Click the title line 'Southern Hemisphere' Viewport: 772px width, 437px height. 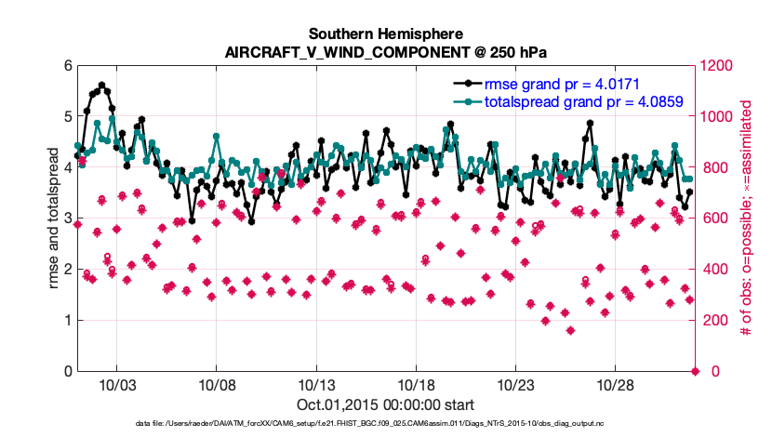pyautogui.click(x=386, y=33)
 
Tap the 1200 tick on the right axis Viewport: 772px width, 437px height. pyautogui.click(x=720, y=66)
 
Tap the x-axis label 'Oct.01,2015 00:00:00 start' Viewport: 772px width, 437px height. pyautogui.click(x=386, y=404)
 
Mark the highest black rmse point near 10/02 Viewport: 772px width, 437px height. pyautogui.click(x=101, y=85)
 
